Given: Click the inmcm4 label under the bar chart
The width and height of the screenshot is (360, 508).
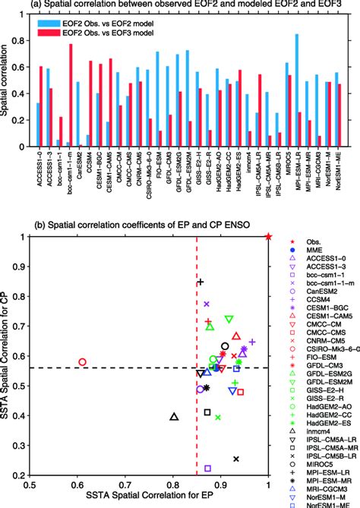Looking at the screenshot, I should click(x=248, y=161).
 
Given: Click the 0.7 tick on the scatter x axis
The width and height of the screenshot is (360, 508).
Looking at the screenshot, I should click(x=125, y=483).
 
